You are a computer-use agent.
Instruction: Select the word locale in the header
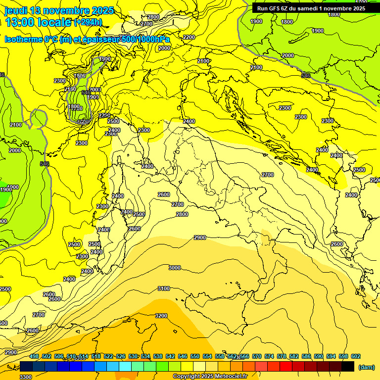(55, 22)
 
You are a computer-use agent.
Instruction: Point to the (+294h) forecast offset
(88, 22)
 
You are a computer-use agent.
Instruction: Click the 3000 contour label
(174, 268)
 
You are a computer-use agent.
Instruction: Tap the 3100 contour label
(163, 288)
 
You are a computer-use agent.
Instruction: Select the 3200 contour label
(161, 316)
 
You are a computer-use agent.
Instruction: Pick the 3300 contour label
(26, 377)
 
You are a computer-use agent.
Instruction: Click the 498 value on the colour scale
(34, 356)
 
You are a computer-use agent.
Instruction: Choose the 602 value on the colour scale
(356, 356)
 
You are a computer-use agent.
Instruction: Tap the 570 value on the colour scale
(257, 356)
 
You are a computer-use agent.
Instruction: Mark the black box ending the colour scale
(348, 366)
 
